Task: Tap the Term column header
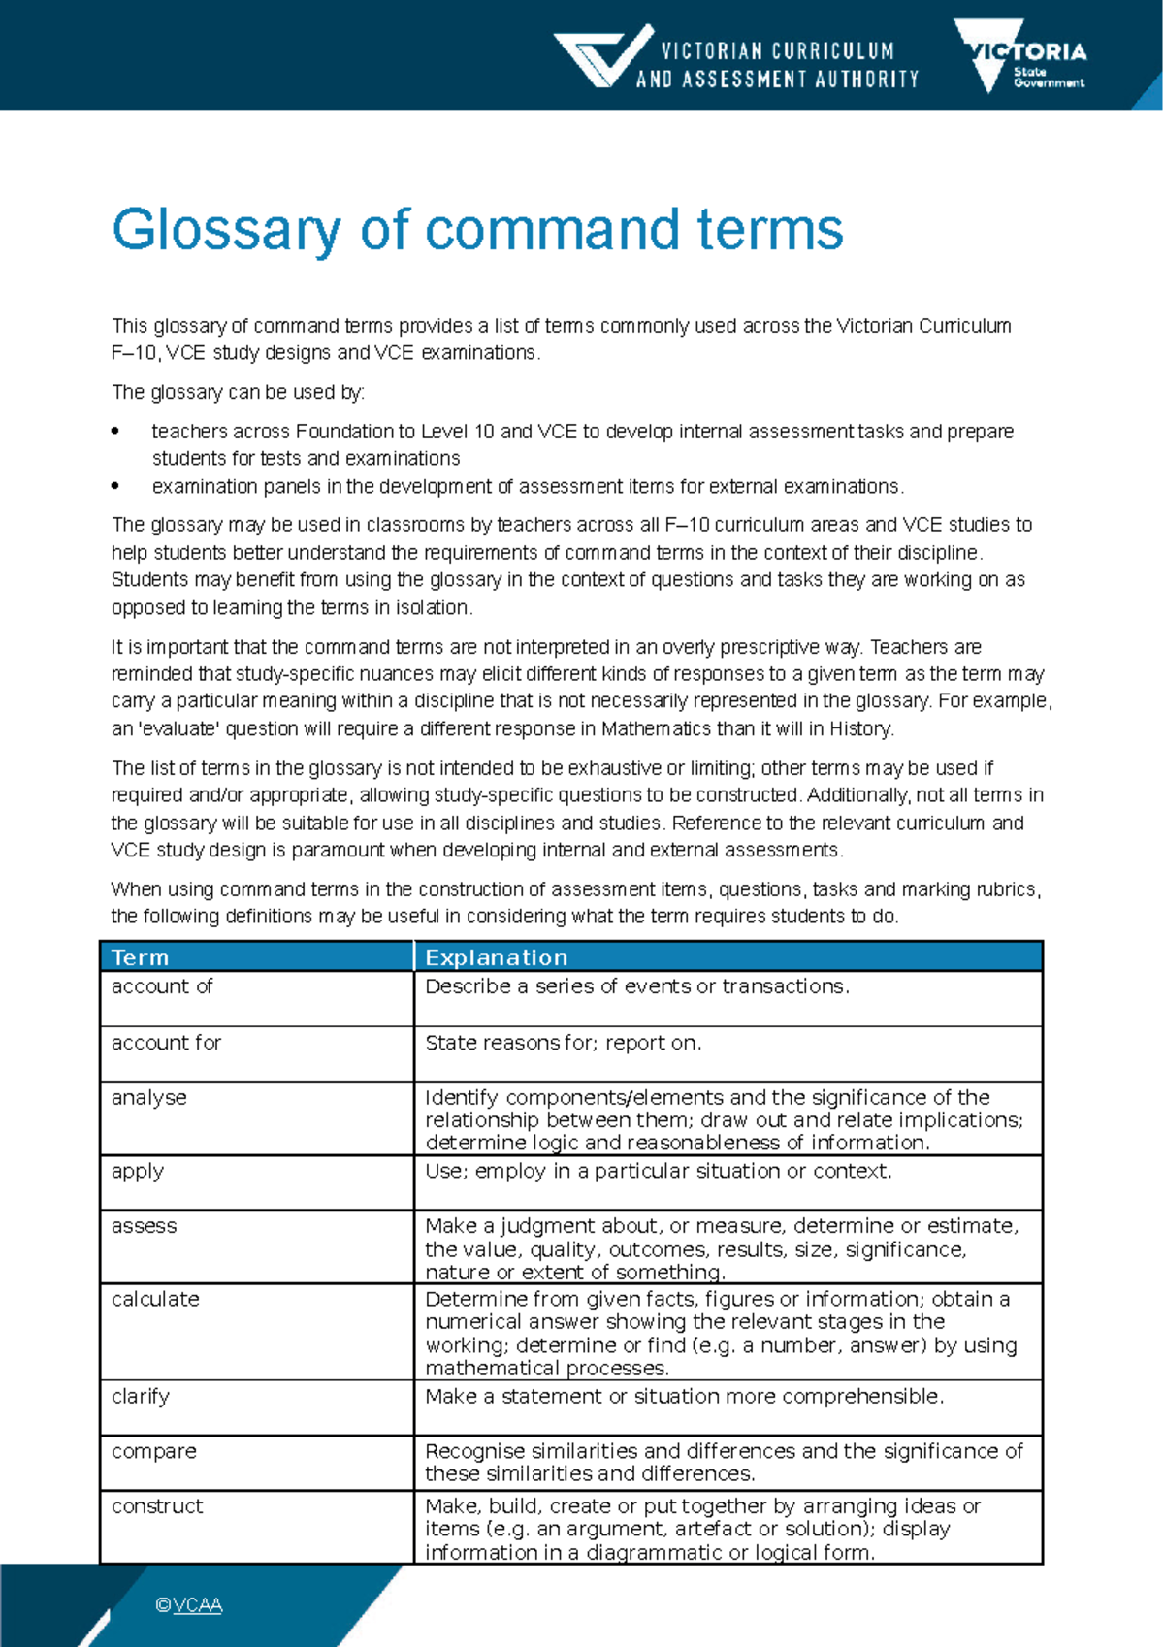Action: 141,957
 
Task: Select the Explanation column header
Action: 496,957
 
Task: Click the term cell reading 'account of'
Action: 162,986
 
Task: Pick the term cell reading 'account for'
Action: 166,1043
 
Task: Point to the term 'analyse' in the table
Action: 148,1098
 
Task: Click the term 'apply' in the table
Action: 137,1172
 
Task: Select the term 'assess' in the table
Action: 144,1226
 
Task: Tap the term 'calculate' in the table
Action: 155,1300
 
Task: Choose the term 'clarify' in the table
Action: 141,1397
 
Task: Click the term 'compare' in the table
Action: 153,1452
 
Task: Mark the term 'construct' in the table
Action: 157,1506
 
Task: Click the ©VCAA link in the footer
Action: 189,1605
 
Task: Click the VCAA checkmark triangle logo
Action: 602,56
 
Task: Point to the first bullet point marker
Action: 116,431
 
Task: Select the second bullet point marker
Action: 116,486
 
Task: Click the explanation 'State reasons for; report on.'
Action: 563,1043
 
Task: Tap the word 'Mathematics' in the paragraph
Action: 656,728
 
